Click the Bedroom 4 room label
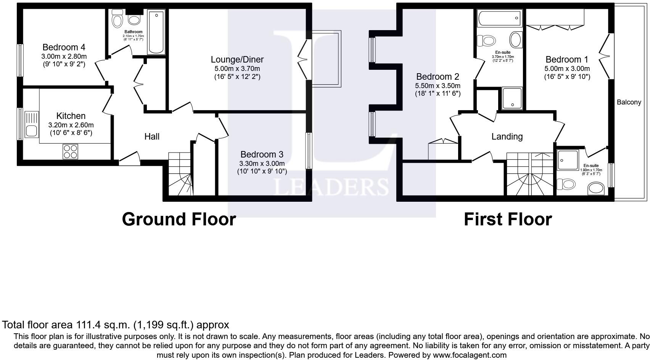(64, 47)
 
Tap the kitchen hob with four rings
(70, 151)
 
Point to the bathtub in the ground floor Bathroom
(156, 32)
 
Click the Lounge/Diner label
(237, 59)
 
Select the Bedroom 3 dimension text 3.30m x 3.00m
(262, 164)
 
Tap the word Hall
(152, 137)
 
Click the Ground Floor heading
(179, 219)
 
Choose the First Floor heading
(507, 219)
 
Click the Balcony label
(629, 102)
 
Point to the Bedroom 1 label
(566, 59)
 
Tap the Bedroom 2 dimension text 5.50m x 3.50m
(438, 86)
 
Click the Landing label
(507, 137)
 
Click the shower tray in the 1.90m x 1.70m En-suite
(567, 160)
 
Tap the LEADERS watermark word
(331, 187)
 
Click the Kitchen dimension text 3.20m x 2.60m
(71, 125)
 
